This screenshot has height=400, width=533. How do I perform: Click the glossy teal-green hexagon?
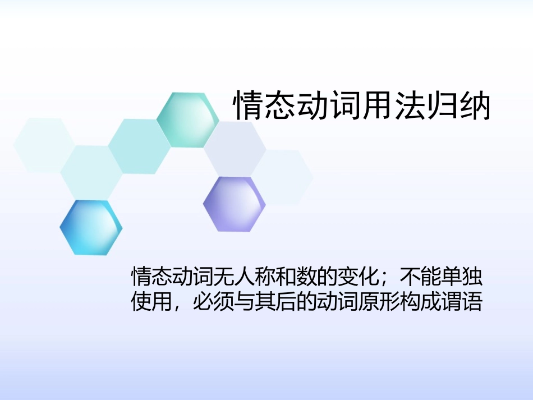point(187,120)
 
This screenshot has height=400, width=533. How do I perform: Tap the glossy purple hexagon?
point(234,204)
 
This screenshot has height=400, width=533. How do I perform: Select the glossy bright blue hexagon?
point(91,227)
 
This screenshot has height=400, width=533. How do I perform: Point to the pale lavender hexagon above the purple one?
point(235,149)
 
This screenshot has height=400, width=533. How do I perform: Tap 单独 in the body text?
point(462,276)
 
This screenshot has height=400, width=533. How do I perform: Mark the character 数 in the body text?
point(308,276)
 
